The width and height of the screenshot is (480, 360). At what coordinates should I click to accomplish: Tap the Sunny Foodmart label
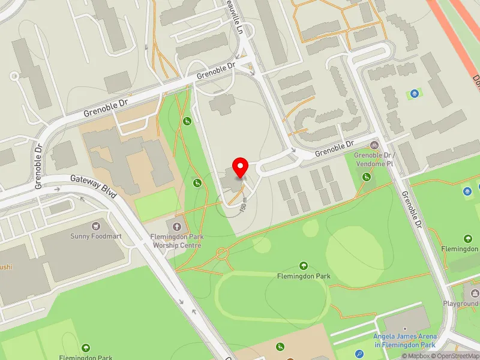pyautogui.click(x=95, y=236)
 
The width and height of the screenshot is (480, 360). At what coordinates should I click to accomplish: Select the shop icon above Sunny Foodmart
pyautogui.click(x=95, y=226)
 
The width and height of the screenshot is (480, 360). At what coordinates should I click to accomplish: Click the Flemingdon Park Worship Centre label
pyautogui.click(x=177, y=241)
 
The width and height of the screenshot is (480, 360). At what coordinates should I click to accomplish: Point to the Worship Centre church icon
pyautogui.click(x=177, y=226)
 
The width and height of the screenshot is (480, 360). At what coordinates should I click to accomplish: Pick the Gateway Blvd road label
pyautogui.click(x=93, y=187)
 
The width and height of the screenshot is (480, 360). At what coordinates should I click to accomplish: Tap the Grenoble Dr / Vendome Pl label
pyautogui.click(x=374, y=159)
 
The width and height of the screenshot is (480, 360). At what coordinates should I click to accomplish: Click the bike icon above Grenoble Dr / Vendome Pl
pyautogui.click(x=374, y=145)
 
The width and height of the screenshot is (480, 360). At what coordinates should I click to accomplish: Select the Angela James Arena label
pyautogui.click(x=404, y=340)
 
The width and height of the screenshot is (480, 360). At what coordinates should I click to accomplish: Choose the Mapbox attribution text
pyautogui.click(x=415, y=356)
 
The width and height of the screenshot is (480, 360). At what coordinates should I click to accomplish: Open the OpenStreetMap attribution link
pyautogui.click(x=454, y=356)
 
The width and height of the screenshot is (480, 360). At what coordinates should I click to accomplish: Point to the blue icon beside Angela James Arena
pyautogui.click(x=359, y=354)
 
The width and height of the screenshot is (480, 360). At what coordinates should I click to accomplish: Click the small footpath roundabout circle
pyautogui.click(x=223, y=253)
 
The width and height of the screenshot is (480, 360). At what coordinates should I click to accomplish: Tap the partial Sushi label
pyautogui.click(x=6, y=266)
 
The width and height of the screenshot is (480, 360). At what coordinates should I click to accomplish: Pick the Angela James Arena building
pyautogui.click(x=406, y=320)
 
